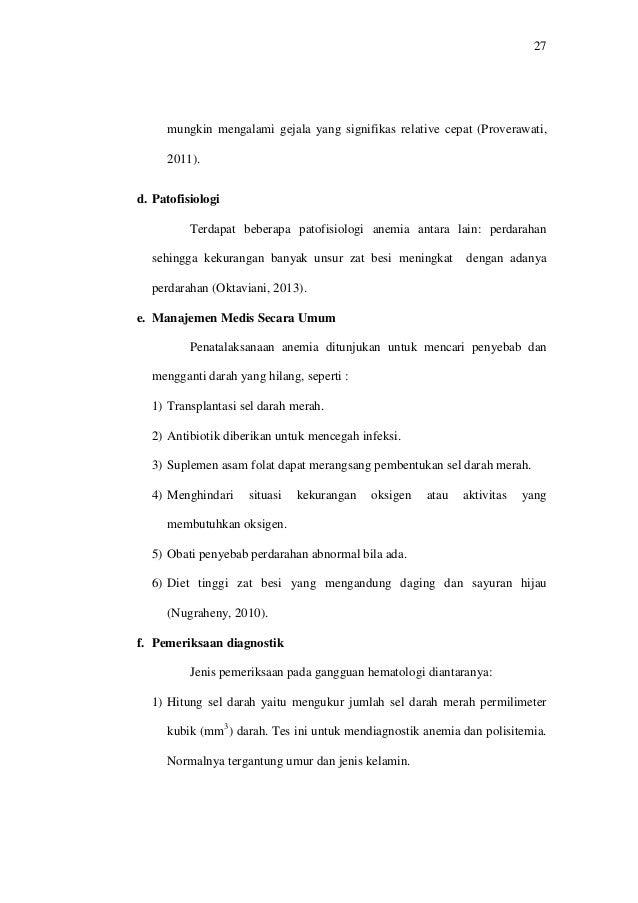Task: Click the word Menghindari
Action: (x=201, y=495)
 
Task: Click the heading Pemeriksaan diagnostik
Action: (x=221, y=643)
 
